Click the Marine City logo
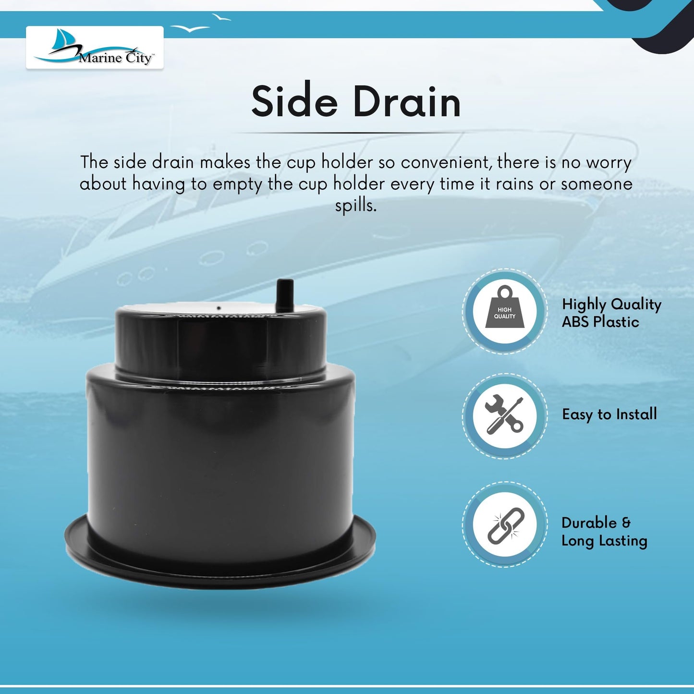94,47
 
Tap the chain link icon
505,525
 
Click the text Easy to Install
609,414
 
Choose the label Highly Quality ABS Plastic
611,313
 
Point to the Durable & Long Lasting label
604,532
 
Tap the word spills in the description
356,206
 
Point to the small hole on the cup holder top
219,308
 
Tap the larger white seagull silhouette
190,28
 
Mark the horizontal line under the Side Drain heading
356,133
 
